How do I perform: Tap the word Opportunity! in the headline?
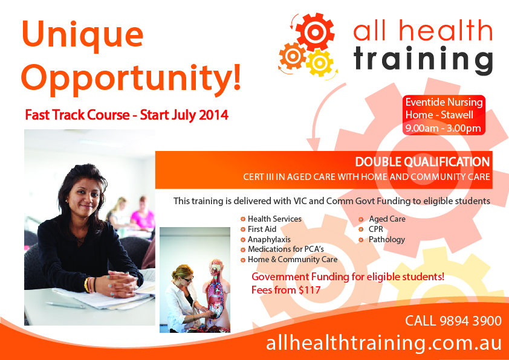click(x=131, y=78)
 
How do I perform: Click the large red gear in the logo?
click(x=314, y=32)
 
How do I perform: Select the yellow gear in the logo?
click(x=320, y=63)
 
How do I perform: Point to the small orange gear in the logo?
click(x=293, y=56)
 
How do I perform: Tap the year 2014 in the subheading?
click(x=213, y=115)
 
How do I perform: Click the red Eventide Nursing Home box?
click(x=444, y=115)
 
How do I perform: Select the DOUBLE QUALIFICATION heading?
click(x=423, y=162)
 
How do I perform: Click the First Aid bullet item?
click(x=258, y=230)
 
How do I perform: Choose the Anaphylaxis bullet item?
click(x=265, y=240)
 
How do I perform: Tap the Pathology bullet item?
click(x=382, y=240)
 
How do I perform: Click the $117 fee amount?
click(x=310, y=289)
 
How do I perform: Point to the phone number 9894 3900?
click(x=471, y=321)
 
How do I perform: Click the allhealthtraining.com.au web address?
click(x=384, y=342)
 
